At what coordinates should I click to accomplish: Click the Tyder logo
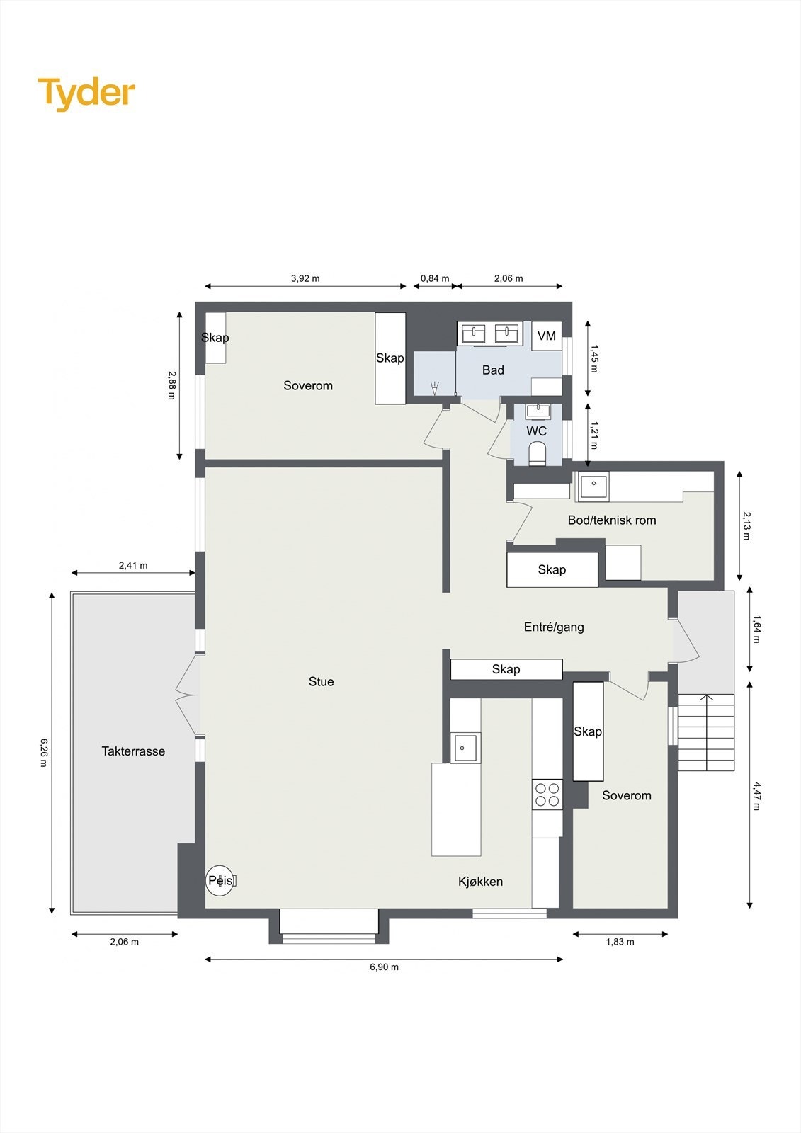point(86,93)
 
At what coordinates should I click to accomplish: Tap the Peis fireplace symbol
point(220,881)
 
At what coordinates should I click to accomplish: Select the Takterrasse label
point(133,751)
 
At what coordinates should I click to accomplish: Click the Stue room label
point(321,681)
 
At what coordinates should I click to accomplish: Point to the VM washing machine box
point(546,336)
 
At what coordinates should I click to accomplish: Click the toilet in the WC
point(538,453)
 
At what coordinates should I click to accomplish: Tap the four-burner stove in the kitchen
point(547,795)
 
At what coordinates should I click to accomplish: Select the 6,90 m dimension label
point(384,967)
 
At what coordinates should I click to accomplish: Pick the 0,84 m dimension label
point(435,278)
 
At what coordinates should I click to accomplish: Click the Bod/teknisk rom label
point(612,520)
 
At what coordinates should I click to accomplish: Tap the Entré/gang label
point(554,627)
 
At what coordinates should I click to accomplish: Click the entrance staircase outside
point(706,732)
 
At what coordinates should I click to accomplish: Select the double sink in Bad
point(490,333)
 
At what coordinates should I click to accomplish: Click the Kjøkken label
point(480,882)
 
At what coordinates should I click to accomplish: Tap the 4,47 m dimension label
point(756,795)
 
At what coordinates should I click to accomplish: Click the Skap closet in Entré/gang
point(506,669)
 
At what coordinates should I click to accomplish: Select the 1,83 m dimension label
point(620,942)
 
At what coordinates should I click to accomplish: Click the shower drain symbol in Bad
point(435,387)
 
